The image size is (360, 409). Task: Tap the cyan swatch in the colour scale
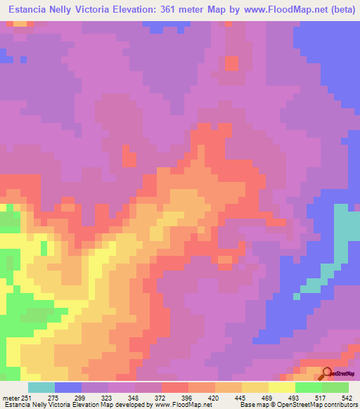coord(41,388)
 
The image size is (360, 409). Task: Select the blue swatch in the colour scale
coord(68,388)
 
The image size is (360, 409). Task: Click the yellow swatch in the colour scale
coord(282,388)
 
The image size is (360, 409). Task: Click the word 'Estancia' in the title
coord(29,10)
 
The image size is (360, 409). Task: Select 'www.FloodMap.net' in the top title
coord(269,10)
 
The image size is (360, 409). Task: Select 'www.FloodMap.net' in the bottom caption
coord(182,405)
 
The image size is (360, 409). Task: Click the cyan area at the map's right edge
coord(346,235)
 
